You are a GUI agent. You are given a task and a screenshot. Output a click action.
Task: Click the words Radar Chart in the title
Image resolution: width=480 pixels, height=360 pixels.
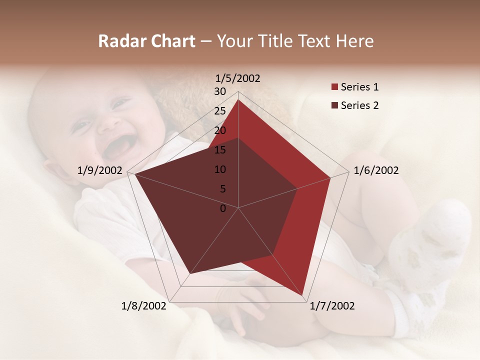(146, 41)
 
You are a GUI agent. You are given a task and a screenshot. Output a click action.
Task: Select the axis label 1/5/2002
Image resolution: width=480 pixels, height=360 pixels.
(238, 78)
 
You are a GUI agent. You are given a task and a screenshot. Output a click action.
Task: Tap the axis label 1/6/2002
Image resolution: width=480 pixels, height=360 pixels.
(376, 170)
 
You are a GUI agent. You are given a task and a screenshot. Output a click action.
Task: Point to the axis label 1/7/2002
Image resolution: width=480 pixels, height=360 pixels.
(332, 306)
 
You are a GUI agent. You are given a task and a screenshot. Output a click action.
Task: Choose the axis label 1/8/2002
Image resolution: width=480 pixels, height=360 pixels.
(144, 306)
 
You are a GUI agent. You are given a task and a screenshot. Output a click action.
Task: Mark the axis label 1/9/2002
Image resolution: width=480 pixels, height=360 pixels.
(100, 170)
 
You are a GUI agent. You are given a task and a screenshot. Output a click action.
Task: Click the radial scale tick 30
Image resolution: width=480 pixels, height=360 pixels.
(220, 91)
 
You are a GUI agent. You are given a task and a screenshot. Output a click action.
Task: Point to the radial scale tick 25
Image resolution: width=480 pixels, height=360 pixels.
(220, 111)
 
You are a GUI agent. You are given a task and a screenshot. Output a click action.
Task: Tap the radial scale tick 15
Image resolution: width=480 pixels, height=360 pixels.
(220, 150)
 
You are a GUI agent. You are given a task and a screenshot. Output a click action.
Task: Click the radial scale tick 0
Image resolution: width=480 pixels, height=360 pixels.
(223, 208)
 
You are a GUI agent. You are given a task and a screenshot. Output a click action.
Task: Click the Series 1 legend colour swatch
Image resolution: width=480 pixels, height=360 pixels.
(334, 87)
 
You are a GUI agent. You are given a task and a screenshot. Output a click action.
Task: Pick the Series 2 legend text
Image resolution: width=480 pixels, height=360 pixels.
(359, 105)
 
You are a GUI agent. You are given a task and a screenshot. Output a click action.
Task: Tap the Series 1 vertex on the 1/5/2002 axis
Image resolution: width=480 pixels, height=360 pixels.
(238, 99)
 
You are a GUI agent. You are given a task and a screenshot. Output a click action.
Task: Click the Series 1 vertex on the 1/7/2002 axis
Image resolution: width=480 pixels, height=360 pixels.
(302, 295)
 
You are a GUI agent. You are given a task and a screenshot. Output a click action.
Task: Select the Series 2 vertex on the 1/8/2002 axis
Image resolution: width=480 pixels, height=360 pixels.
(189, 274)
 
